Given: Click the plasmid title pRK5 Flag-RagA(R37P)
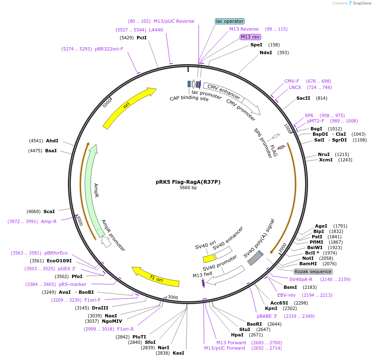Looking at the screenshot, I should pos(188,182).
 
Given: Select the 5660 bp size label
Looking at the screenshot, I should pos(188,188).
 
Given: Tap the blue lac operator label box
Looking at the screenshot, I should pos(230,21).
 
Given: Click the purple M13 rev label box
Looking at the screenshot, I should pos(250,37).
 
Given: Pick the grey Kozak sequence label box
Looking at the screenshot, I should pos(313,271).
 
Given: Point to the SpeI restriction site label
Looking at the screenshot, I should pos(256,45).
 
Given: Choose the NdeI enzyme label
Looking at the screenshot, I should pos(265,53).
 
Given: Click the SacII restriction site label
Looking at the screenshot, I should pos(303,98).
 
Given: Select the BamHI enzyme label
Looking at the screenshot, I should pos(308,264).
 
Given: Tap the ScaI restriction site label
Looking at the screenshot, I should pos(49,211).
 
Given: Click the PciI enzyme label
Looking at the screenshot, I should pos(142,38).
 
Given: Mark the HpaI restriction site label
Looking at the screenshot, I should pos(237,335).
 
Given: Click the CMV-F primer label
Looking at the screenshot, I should pos(291,81).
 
